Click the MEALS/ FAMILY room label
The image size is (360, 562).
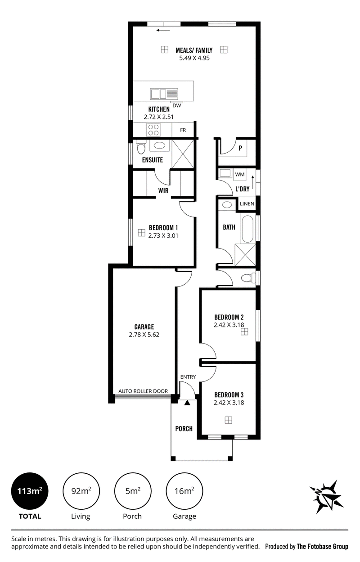click(x=194, y=50)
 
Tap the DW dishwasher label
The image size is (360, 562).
click(x=177, y=106)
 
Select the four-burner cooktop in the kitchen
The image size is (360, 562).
click(x=153, y=130)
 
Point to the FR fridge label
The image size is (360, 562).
click(x=183, y=130)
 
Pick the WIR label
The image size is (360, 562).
click(x=163, y=190)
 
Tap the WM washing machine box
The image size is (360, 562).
click(x=240, y=174)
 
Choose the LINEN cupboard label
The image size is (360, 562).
click(x=247, y=204)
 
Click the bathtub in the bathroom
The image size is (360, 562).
click(x=247, y=229)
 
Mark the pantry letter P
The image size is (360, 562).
click(x=240, y=148)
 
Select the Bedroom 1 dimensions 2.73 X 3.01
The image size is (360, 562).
click(x=163, y=236)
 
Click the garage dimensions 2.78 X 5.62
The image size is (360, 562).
click(x=144, y=335)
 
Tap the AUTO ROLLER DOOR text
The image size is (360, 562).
click(x=143, y=391)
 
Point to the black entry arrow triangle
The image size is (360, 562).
click(x=187, y=403)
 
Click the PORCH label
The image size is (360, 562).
click(x=184, y=429)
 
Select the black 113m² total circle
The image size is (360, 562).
click(x=30, y=491)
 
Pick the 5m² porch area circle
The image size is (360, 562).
click(x=133, y=491)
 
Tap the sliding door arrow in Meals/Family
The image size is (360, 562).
click(x=163, y=30)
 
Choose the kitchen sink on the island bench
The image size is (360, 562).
click(x=164, y=94)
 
